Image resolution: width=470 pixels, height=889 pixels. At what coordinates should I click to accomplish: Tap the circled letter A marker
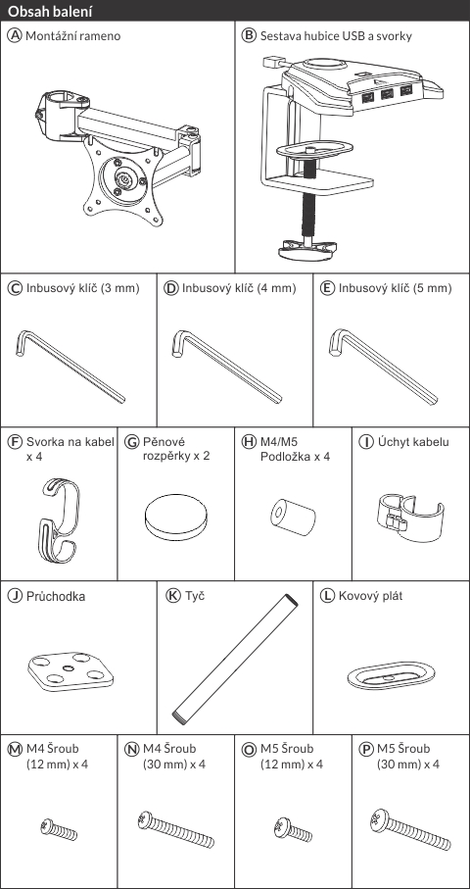(x=14, y=35)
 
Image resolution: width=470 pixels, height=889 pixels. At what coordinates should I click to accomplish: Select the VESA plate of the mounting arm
(x=122, y=180)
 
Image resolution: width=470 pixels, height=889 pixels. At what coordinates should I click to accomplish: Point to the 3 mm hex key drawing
(x=70, y=367)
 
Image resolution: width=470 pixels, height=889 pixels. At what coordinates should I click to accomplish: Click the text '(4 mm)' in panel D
(x=276, y=288)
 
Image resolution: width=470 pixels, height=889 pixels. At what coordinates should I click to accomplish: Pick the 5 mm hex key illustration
(x=383, y=367)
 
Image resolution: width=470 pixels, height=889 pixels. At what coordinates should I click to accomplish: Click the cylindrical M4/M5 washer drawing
(x=293, y=517)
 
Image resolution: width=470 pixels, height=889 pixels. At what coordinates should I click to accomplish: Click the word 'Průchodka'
(x=56, y=597)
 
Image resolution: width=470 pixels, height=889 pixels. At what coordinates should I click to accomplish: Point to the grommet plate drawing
(x=70, y=671)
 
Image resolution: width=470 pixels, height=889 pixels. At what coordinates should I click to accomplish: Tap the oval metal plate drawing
(x=391, y=675)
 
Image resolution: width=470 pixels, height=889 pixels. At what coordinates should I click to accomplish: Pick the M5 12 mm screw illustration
(x=293, y=830)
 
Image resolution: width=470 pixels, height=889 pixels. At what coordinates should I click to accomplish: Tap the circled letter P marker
(x=366, y=749)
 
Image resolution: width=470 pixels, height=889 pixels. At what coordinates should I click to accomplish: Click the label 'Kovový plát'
(x=370, y=596)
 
